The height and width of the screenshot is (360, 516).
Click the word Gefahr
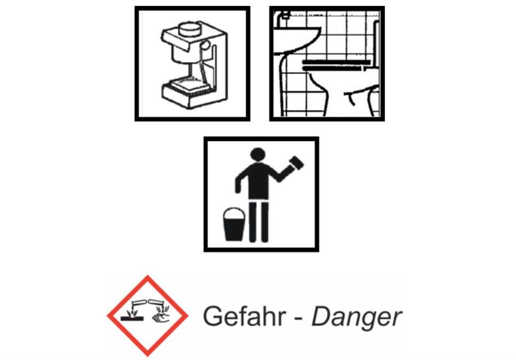[x=244, y=317]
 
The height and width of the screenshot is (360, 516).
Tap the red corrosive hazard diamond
[x=148, y=316]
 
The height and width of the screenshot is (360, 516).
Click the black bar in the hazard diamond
[x=132, y=319]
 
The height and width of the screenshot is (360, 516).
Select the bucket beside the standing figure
[x=234, y=225]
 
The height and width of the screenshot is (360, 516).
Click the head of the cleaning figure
[x=258, y=154]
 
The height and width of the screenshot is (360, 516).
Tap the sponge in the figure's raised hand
[x=296, y=163]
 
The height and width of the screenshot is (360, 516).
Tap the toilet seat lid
[x=336, y=62]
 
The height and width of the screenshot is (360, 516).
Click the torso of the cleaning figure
[x=259, y=181]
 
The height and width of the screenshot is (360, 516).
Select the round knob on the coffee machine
[x=205, y=45]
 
